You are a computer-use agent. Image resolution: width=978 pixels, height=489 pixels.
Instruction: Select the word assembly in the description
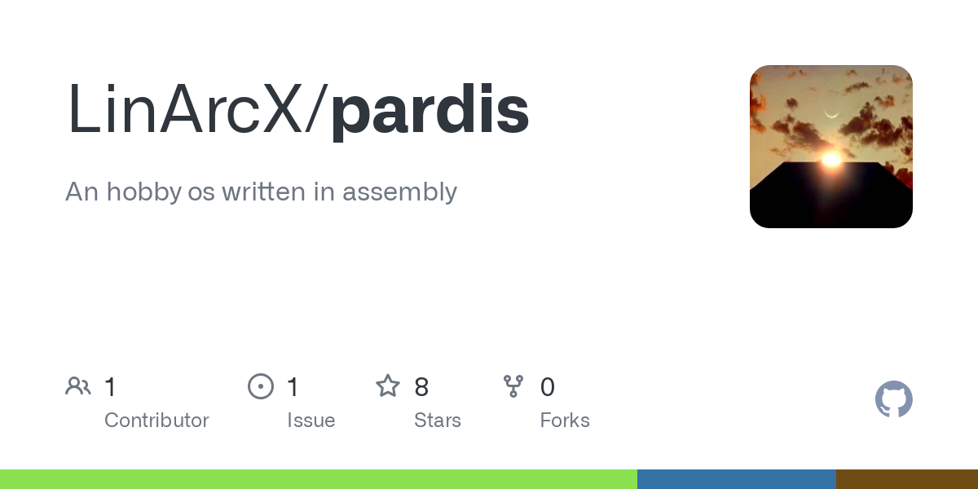coord(399,192)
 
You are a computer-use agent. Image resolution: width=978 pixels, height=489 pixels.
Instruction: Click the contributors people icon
coord(78,386)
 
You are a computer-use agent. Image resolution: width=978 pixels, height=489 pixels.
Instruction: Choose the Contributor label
coord(156,421)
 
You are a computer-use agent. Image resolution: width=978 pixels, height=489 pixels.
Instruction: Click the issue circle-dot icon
coord(261,386)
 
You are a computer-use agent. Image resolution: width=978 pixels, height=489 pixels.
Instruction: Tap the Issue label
coord(311,421)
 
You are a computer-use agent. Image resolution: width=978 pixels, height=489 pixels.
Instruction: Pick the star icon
coord(388,386)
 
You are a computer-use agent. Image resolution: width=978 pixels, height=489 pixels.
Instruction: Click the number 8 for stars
coord(421,387)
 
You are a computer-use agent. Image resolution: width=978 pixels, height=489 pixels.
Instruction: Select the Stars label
coord(438,421)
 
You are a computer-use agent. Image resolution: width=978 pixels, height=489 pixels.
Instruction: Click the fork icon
coord(513,386)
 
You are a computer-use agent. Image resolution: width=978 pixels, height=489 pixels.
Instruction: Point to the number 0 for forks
coord(548,387)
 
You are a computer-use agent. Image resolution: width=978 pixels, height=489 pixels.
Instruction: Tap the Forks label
coord(565,421)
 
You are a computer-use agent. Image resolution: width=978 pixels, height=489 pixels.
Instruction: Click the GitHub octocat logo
coord(893,399)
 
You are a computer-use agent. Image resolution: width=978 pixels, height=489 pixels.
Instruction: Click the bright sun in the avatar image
coord(831,159)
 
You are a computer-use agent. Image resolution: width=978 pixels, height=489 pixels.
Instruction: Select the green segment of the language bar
coord(318,479)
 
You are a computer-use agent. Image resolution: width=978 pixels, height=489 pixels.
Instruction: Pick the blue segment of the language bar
coord(736,479)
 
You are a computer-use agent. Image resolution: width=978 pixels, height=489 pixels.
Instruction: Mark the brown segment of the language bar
coord(906,479)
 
